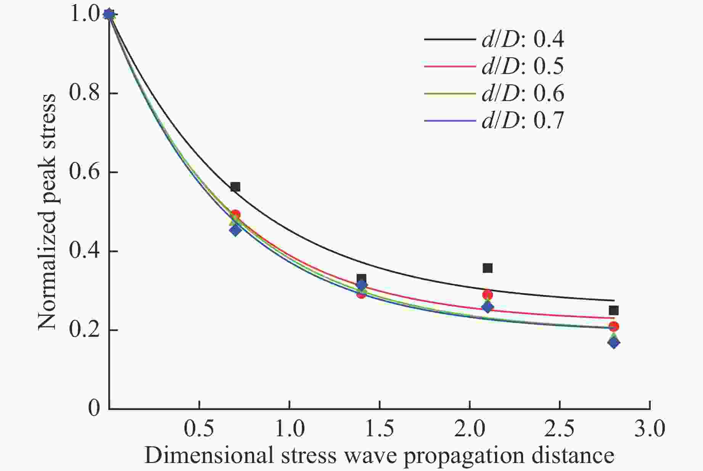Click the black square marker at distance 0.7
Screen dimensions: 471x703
(235, 187)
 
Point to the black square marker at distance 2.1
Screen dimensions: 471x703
(487, 268)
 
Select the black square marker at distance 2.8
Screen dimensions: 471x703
(614, 310)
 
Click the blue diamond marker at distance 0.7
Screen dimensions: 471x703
(235, 230)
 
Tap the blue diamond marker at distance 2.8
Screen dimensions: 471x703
(614, 342)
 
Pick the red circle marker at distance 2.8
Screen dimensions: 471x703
(614, 326)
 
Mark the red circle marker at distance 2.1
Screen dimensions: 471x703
(487, 294)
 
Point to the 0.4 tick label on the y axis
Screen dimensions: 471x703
(84, 251)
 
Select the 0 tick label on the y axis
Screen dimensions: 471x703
(94, 408)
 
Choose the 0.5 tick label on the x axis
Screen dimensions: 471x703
(199, 429)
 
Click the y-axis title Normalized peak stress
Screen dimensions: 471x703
(47, 212)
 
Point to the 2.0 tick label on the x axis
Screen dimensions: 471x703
(470, 429)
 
